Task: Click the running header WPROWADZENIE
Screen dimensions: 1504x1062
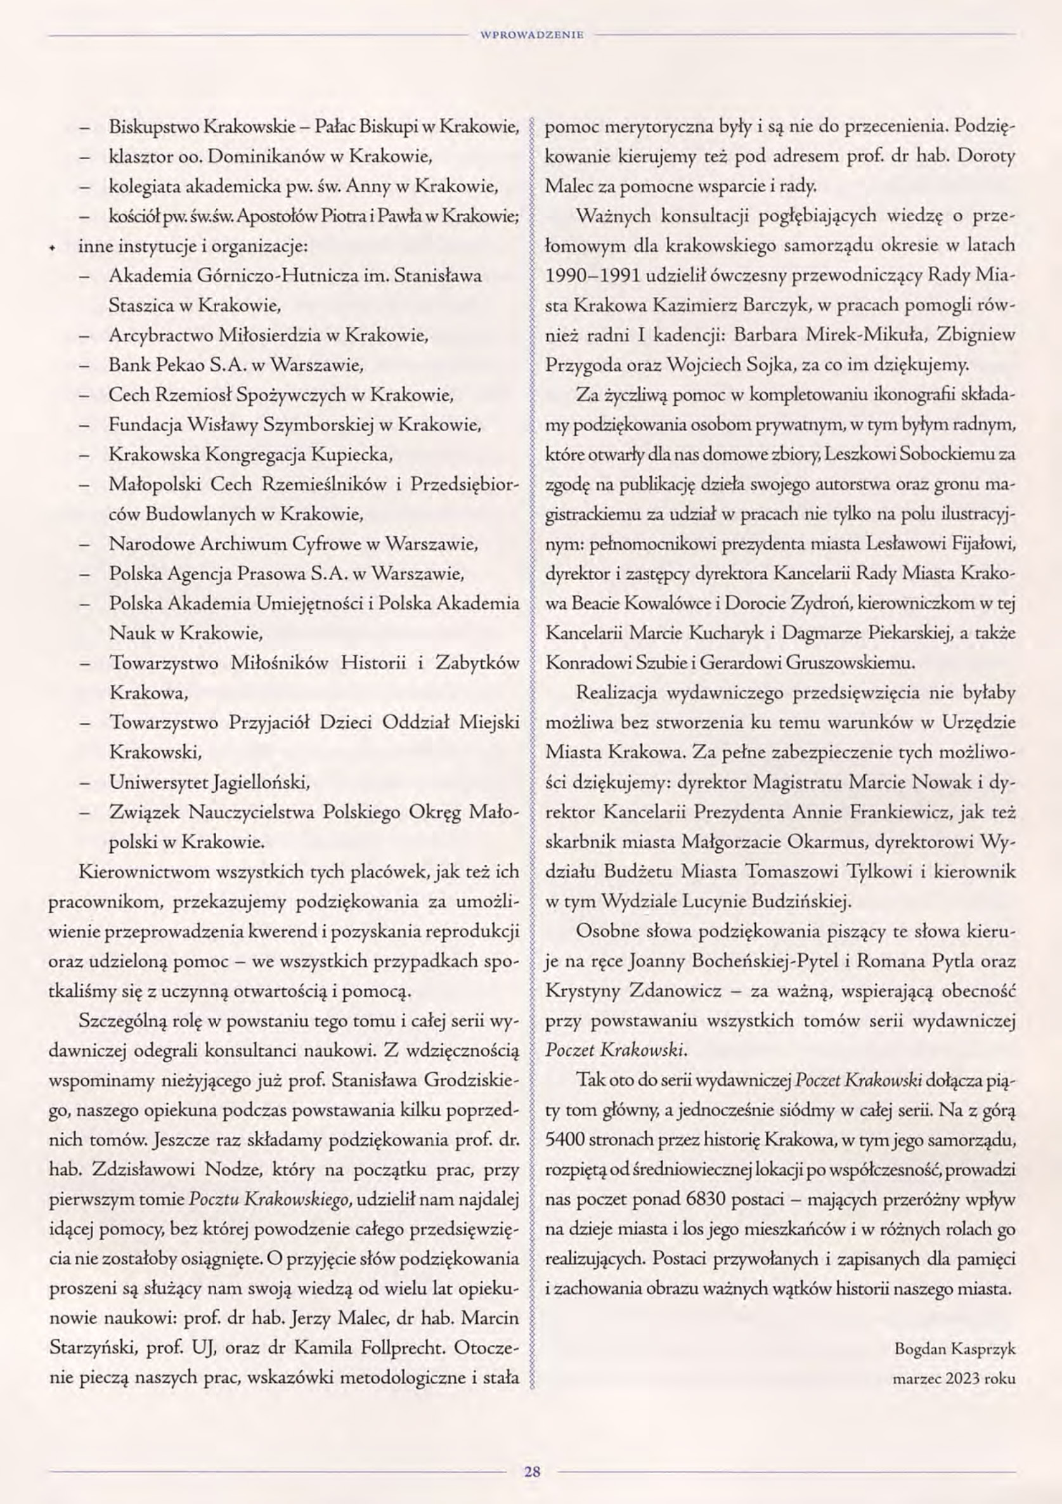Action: pos(531,36)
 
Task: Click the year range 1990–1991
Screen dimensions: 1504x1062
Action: pos(592,275)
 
